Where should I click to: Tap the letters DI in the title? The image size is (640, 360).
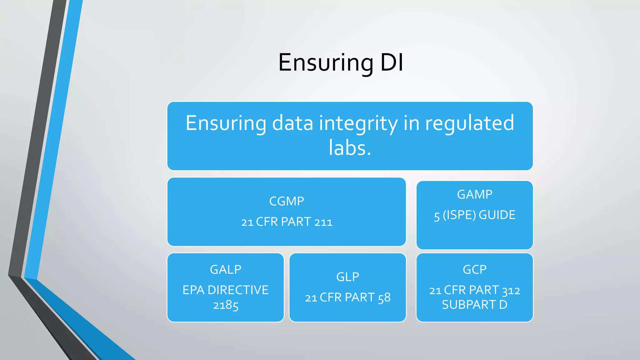click(x=392, y=62)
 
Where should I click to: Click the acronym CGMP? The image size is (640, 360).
click(x=287, y=201)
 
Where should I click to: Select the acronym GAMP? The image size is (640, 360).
click(x=474, y=194)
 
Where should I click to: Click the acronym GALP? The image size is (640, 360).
click(x=225, y=269)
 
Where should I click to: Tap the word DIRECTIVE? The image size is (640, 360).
click(x=238, y=290)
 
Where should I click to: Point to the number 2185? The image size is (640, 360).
click(x=225, y=305)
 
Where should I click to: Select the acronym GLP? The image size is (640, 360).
click(x=347, y=277)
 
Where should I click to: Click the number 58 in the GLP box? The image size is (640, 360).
click(x=384, y=297)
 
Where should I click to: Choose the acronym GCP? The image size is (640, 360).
click(x=474, y=269)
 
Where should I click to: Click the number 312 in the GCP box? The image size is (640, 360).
click(x=511, y=291)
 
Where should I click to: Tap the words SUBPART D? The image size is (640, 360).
click(x=474, y=305)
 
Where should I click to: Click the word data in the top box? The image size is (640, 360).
click(x=292, y=123)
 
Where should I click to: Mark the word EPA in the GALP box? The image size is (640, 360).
click(x=193, y=290)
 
